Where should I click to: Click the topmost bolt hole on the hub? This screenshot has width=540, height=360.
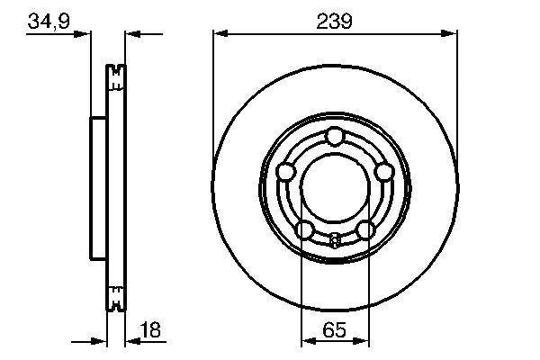(x=335, y=137)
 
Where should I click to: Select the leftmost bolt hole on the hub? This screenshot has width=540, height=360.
(x=285, y=172)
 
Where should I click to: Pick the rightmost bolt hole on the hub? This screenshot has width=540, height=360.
(x=384, y=172)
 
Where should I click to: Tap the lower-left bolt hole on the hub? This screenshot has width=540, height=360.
(x=304, y=230)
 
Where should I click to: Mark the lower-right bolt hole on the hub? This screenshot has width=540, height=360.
(x=364, y=230)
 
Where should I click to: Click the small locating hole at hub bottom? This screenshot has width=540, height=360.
(x=335, y=239)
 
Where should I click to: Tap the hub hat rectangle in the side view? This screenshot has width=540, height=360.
(x=99, y=187)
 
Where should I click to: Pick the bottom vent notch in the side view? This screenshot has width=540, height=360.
(x=114, y=298)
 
